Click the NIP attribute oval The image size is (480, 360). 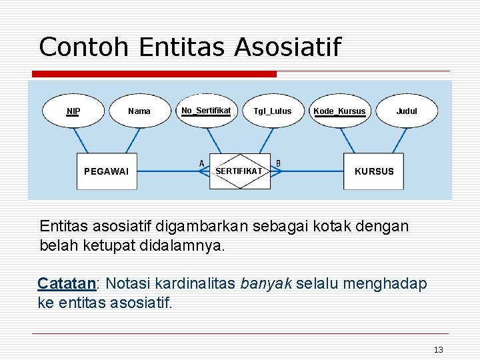click(x=73, y=111)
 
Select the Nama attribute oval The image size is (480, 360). click(x=139, y=111)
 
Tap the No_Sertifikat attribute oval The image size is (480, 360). click(x=206, y=110)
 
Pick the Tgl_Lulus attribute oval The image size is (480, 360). click(x=272, y=111)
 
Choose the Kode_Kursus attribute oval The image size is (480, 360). click(x=339, y=111)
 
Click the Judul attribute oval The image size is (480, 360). click(x=407, y=111)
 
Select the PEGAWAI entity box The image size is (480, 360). click(x=106, y=171)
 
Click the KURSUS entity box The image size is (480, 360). click(x=374, y=171)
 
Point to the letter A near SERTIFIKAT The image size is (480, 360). click(x=201, y=163)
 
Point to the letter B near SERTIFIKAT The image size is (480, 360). click(x=278, y=163)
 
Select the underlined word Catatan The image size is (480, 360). click(x=67, y=284)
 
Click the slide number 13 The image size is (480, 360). click(x=438, y=350)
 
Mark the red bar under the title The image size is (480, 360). click(x=154, y=74)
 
